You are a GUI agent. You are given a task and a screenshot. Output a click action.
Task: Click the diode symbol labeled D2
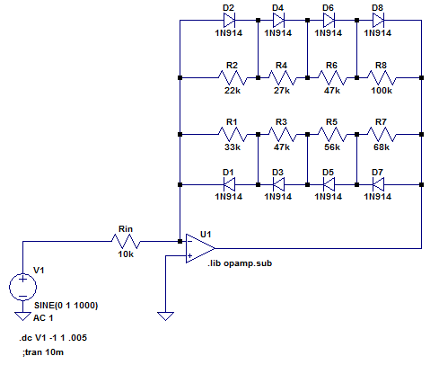tap(229, 21)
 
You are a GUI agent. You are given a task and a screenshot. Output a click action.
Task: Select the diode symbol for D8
tap(378, 21)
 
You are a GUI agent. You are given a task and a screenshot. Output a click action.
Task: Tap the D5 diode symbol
tap(329, 184)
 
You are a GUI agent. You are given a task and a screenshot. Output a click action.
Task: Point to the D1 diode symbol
tap(229, 184)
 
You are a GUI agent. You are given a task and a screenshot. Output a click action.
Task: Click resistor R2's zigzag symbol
tap(233, 77)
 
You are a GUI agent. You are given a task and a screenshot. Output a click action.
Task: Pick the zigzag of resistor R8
tap(382, 77)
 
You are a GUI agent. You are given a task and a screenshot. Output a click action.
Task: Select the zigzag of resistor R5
tap(332, 134)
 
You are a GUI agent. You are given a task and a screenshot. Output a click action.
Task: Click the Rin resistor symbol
tap(126, 241)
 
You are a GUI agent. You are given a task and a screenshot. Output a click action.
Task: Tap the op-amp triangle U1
tap(200, 248)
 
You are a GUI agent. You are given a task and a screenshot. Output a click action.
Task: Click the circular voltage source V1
tap(22, 287)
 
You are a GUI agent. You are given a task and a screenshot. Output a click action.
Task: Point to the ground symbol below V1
tap(22, 316)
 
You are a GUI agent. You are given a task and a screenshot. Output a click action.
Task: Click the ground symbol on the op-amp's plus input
tap(165, 316)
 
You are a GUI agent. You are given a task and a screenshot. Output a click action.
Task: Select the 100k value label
tap(382, 91)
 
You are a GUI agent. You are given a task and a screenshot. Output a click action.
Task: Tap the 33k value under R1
tap(233, 147)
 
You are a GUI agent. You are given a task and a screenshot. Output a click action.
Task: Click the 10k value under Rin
tap(126, 254)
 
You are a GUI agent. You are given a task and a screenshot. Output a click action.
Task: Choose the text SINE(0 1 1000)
tap(66, 306)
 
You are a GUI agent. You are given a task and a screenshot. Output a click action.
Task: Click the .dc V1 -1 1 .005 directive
tap(53, 338)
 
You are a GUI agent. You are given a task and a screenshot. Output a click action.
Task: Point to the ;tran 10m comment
tap(43, 352)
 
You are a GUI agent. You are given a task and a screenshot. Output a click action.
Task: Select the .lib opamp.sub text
tap(240, 263)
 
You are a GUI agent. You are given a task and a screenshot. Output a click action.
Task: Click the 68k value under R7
tap(382, 147)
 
